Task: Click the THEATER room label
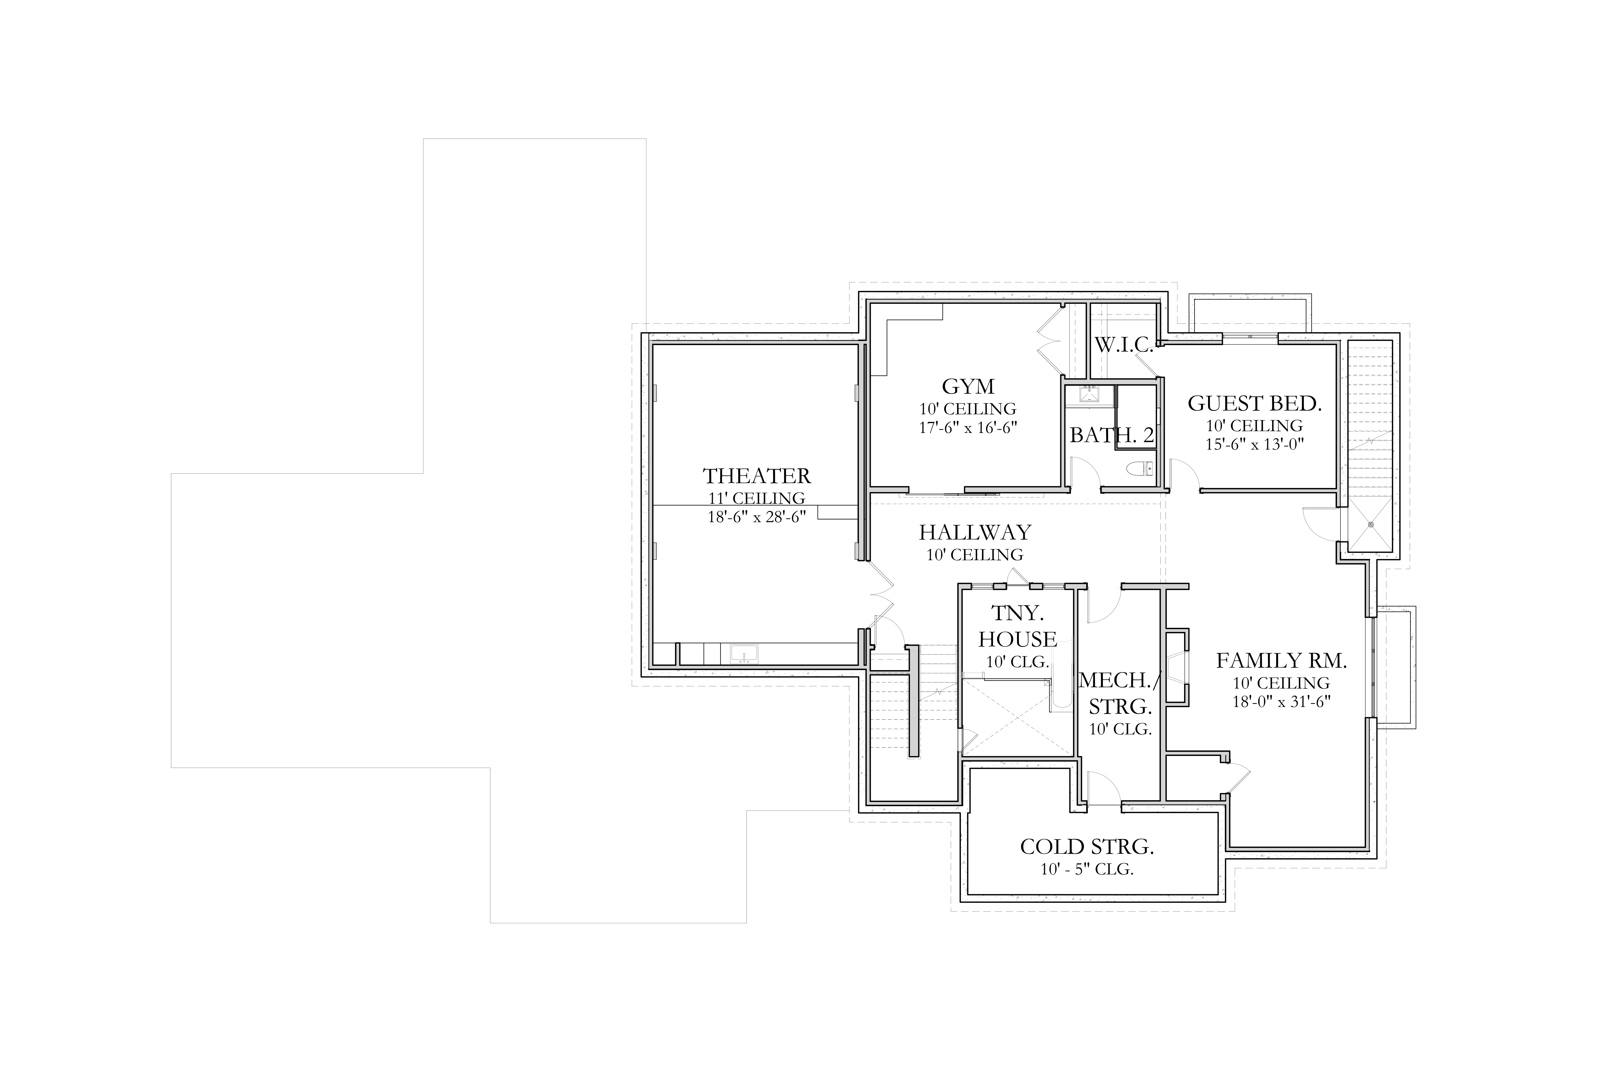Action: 757,476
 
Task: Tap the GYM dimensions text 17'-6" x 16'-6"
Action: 968,427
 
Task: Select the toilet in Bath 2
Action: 1141,469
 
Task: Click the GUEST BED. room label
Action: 1255,403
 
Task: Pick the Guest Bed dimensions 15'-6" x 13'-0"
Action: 1255,444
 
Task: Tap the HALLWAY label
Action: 975,532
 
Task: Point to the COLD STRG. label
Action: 1087,846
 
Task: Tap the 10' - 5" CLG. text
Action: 1087,869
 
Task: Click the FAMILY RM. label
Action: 1281,661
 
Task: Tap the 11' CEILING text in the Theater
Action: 757,497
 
